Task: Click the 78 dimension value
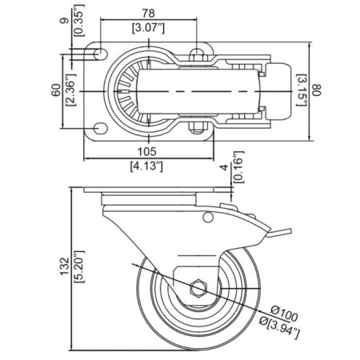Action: tap(148, 13)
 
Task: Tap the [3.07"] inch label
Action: tap(148, 28)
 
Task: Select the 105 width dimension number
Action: tap(147, 152)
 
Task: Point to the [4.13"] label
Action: tap(146, 166)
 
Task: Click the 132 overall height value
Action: tap(65, 266)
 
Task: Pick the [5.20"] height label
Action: tap(79, 266)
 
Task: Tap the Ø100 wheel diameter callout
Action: tap(284, 314)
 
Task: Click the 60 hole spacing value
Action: tap(56, 90)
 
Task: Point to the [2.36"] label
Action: tap(71, 90)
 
